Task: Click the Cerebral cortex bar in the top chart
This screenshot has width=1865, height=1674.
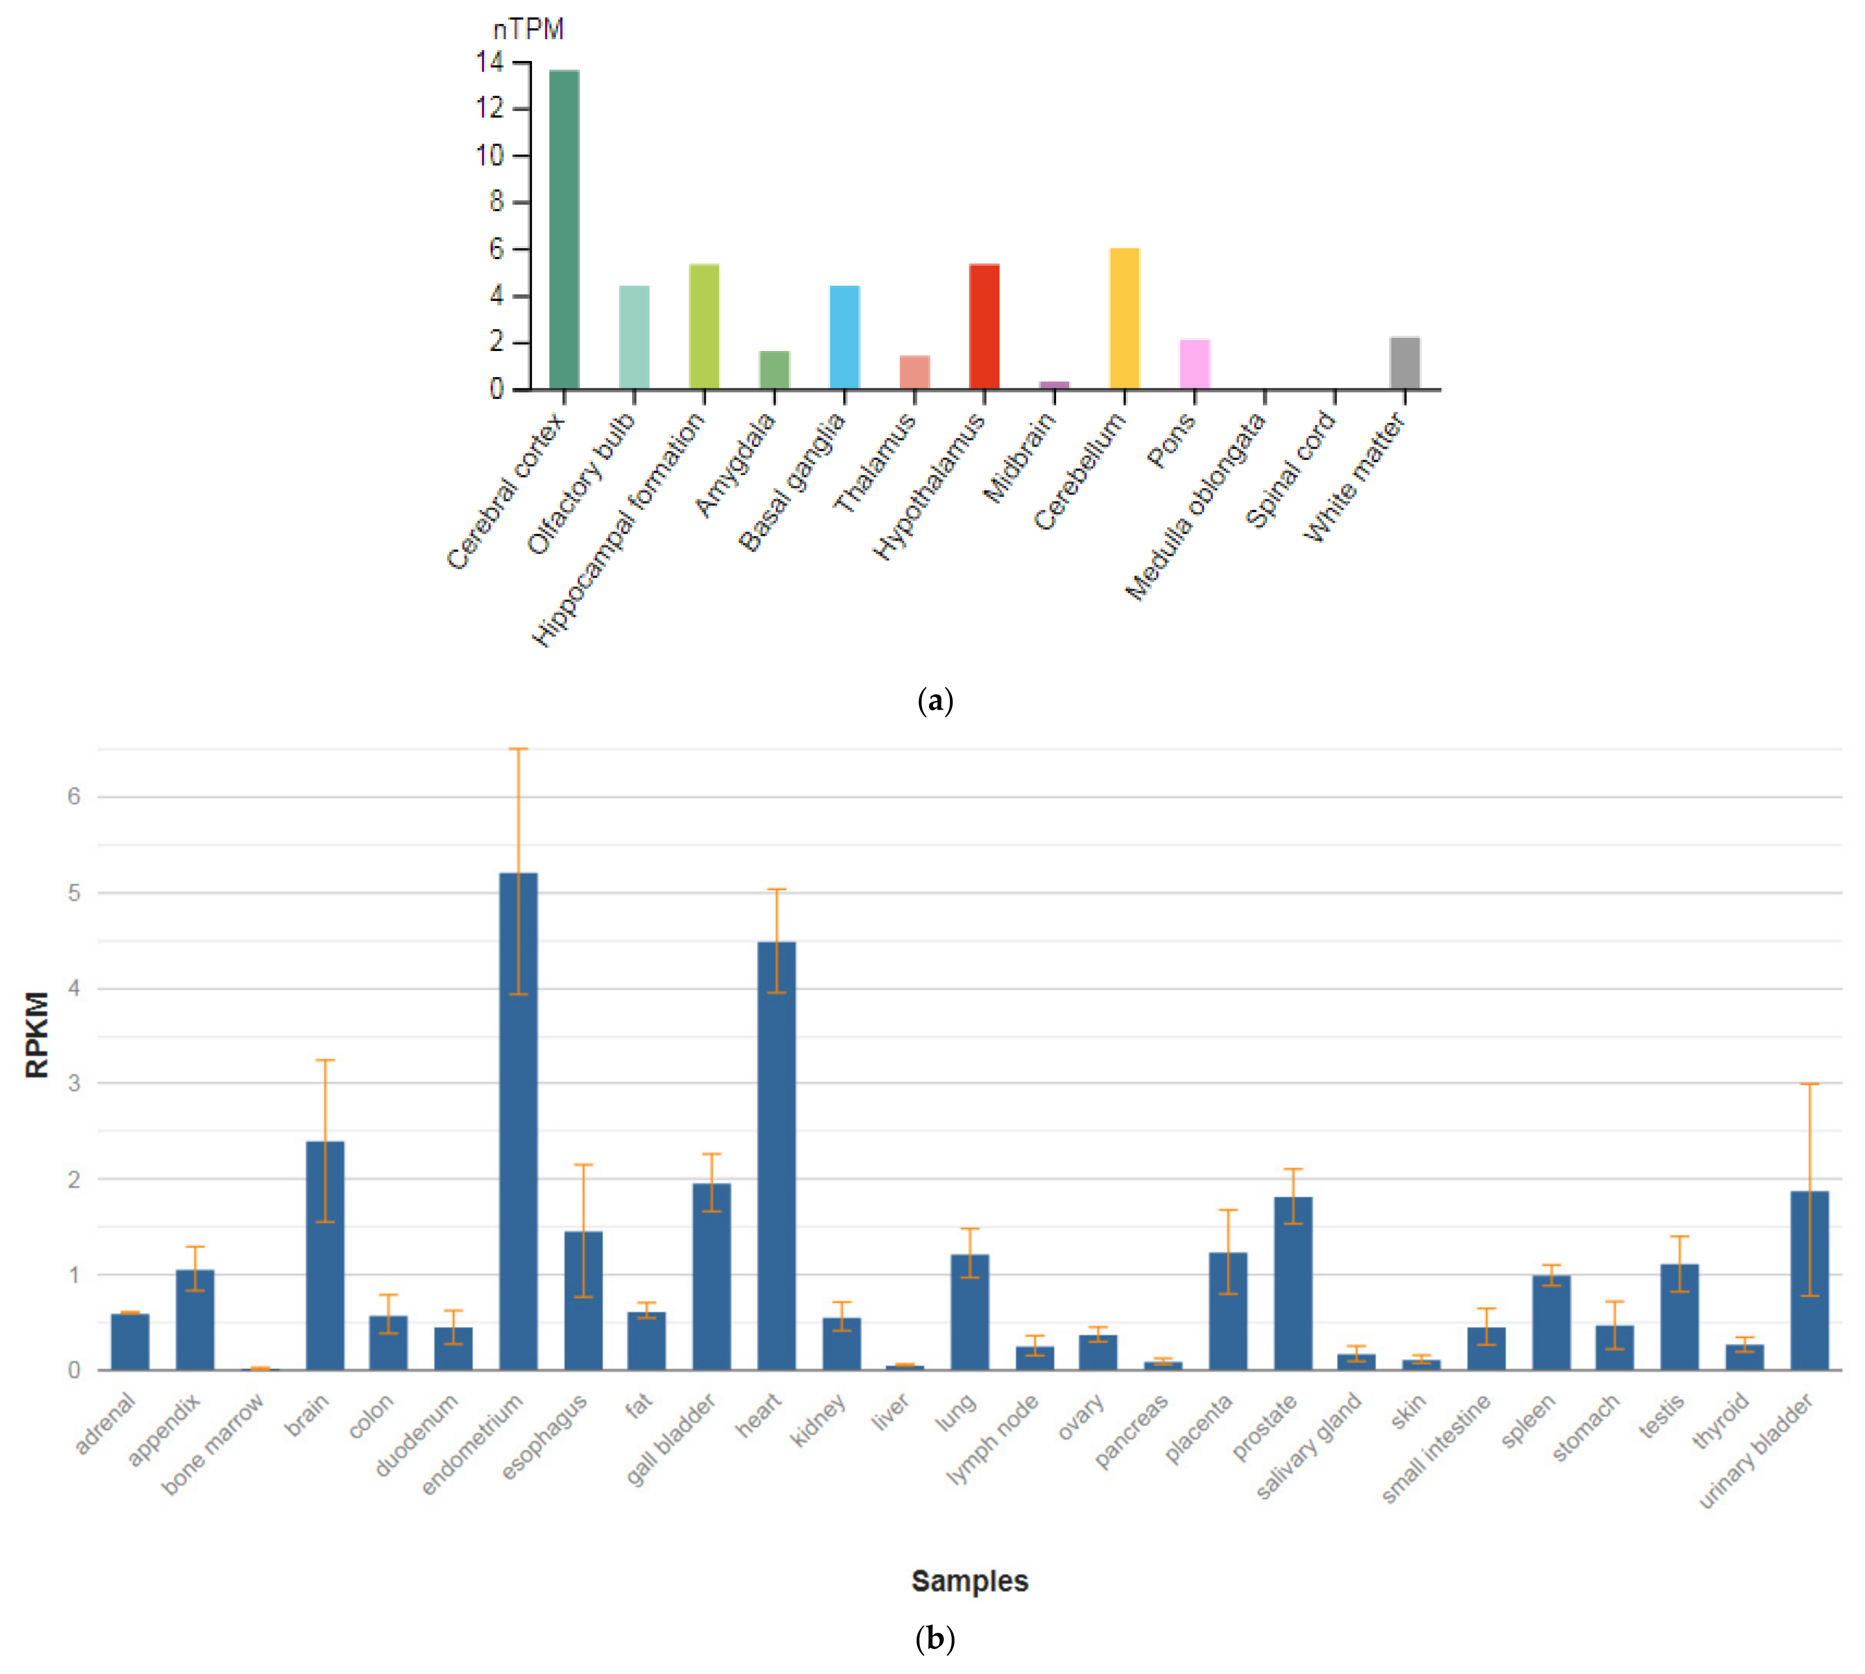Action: pyautogui.click(x=564, y=230)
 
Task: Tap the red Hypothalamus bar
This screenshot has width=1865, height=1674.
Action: pyautogui.click(x=984, y=327)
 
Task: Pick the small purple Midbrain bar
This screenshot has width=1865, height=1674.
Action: pyautogui.click(x=1054, y=385)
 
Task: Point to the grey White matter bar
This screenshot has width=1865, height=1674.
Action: pyautogui.click(x=1404, y=363)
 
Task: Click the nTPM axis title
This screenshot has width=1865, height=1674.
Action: pyautogui.click(x=528, y=30)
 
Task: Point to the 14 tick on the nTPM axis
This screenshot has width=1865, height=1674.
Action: pyautogui.click(x=490, y=63)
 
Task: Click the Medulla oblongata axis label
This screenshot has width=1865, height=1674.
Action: pyautogui.click(x=1195, y=508)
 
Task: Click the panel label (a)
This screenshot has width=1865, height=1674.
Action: pyautogui.click(x=935, y=701)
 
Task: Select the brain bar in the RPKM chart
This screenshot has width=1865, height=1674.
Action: pyautogui.click(x=325, y=1255)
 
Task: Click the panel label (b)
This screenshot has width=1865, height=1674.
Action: pyautogui.click(x=935, y=1638)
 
